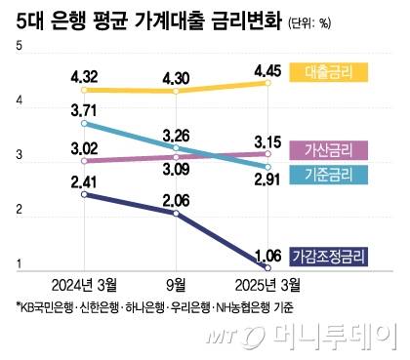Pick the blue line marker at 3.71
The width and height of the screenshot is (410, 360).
(85, 124)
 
